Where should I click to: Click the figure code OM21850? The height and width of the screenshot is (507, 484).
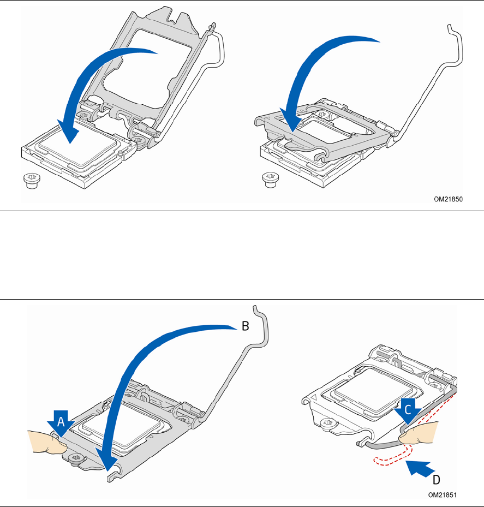point(448,199)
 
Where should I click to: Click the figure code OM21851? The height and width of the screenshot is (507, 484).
point(443,495)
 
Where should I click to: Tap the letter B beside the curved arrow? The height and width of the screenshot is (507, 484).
point(246,326)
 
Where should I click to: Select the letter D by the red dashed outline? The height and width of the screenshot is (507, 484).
point(437,480)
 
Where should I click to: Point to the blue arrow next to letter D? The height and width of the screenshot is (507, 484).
point(420,468)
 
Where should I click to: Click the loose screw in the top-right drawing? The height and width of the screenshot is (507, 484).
point(270,180)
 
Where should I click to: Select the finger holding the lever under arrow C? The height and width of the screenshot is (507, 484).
point(419,433)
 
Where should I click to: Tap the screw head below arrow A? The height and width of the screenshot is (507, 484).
point(76,458)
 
